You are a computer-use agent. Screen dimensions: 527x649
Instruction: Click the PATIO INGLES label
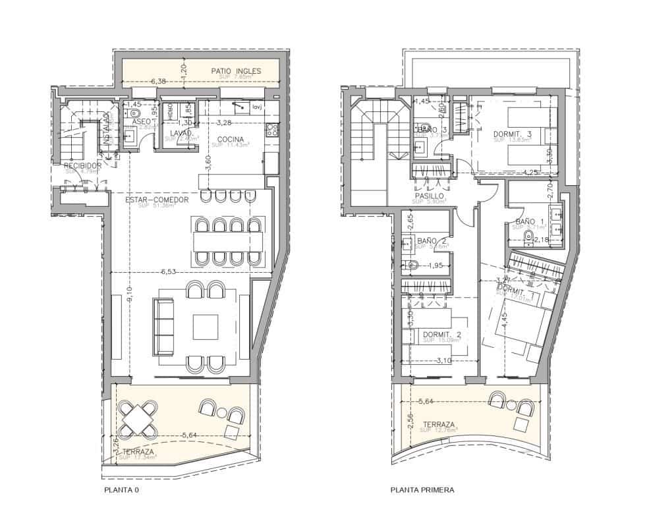pyautogui.click(x=236, y=70)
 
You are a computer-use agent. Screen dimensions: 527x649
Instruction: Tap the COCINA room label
pyautogui.click(x=229, y=139)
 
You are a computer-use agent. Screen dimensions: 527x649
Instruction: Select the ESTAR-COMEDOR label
pyautogui.click(x=157, y=200)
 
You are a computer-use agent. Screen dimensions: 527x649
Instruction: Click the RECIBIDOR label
pyautogui.click(x=82, y=165)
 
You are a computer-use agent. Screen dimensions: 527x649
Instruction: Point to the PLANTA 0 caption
pyautogui.click(x=122, y=490)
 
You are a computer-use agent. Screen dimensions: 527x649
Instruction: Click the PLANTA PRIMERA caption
pyautogui.click(x=422, y=490)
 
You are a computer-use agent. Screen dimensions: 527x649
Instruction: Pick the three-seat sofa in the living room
pyautogui.click(x=163, y=326)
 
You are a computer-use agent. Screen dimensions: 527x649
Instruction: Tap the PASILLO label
pyautogui.click(x=428, y=196)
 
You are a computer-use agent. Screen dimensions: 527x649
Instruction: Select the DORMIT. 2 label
pyautogui.click(x=441, y=335)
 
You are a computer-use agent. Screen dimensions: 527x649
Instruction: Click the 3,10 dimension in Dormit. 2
pyautogui.click(x=444, y=360)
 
